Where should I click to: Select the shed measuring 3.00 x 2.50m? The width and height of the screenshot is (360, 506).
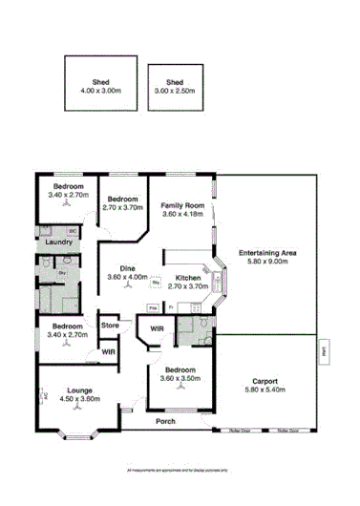click(x=175, y=86)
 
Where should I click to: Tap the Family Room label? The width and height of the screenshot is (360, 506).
click(x=182, y=210)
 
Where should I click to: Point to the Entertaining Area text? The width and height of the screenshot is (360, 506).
click(x=267, y=257)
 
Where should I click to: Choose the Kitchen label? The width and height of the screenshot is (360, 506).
click(x=187, y=278)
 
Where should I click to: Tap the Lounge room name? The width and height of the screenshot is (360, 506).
click(x=79, y=390)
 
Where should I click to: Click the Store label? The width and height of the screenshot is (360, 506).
click(x=110, y=326)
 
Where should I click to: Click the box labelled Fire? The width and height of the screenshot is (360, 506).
click(x=152, y=307)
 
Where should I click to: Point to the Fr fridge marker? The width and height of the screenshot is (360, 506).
click(x=170, y=307)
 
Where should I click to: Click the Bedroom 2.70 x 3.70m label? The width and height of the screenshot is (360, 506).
click(x=122, y=201)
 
